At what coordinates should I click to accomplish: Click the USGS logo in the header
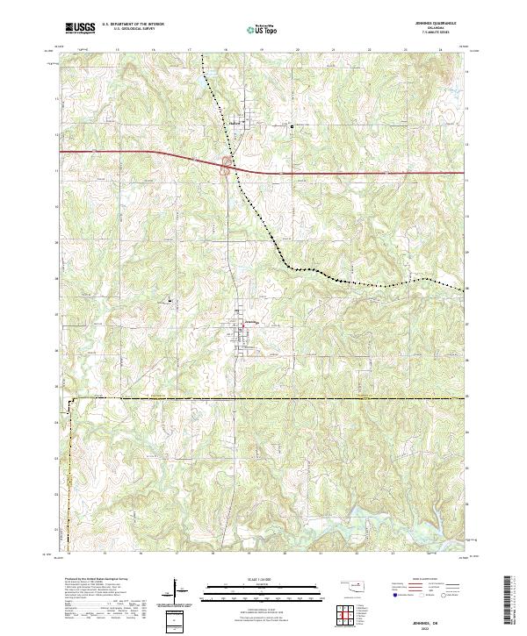tap(80, 28)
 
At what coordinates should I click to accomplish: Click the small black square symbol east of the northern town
tap(292, 126)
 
